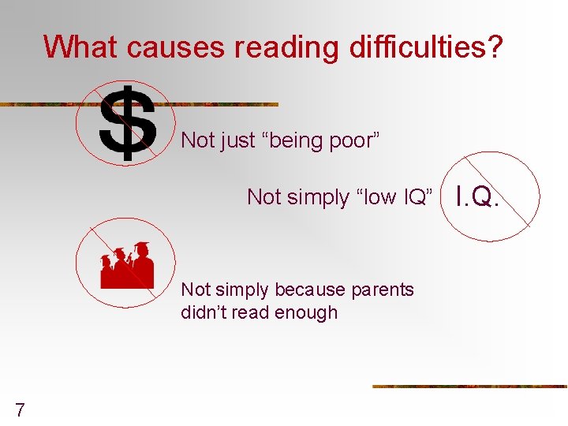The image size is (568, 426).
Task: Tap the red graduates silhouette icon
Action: pyautogui.click(x=126, y=265)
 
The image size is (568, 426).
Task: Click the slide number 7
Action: pyautogui.click(x=20, y=409)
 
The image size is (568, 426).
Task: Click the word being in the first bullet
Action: pyautogui.click(x=297, y=141)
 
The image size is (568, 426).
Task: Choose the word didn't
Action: pyautogui.click(x=204, y=312)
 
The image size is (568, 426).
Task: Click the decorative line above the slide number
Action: pyautogui.click(x=469, y=387)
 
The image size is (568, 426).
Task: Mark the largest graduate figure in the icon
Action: pyautogui.click(x=143, y=265)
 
